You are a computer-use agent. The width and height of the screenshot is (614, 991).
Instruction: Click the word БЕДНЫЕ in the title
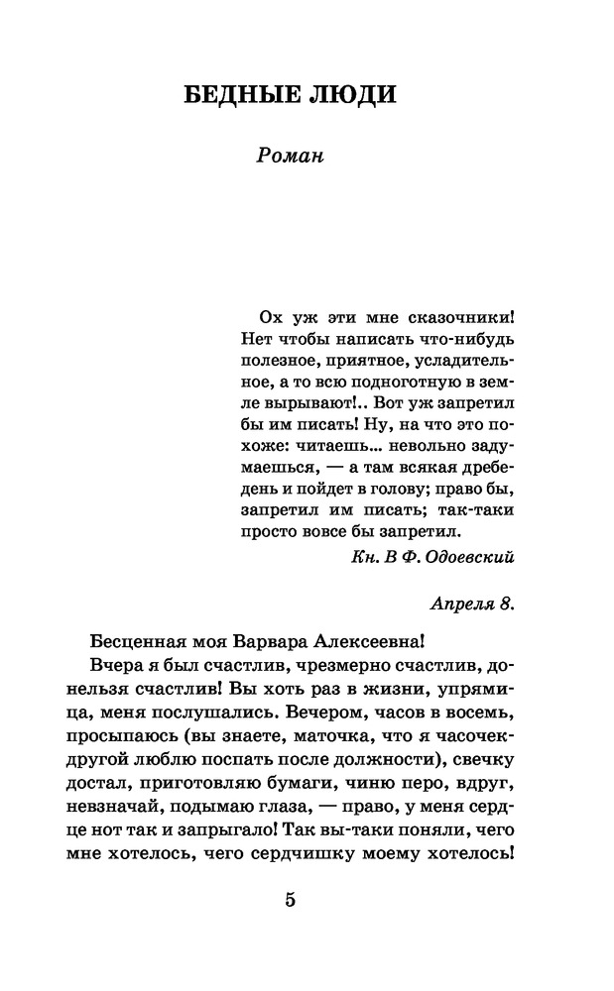pyautogui.click(x=235, y=95)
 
